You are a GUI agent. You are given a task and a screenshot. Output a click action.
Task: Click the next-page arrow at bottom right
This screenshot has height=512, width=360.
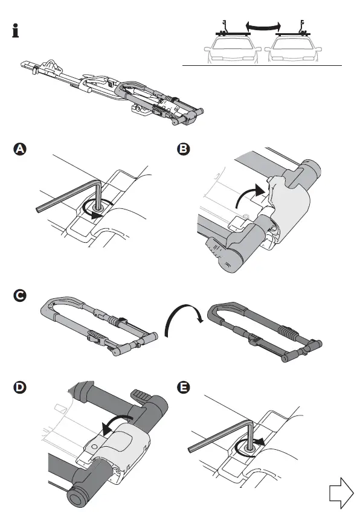pos(341,492)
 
